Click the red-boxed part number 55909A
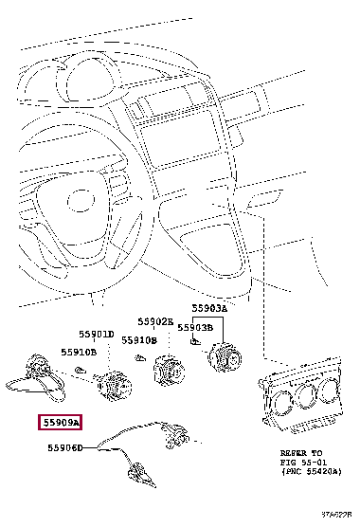[x=60, y=422]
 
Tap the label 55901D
[x=95, y=335]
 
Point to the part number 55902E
[x=154, y=321]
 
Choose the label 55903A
[x=210, y=309]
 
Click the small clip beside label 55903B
[x=192, y=341]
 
